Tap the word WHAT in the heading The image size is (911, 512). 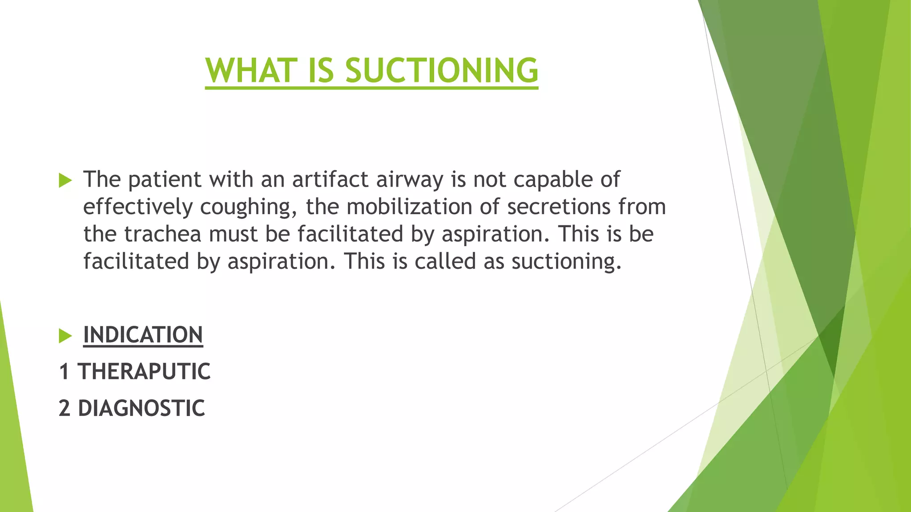tap(251, 71)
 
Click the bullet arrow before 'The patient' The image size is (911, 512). tap(65, 180)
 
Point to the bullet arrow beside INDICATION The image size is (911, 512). tap(65, 336)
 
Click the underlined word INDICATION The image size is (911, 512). tap(143, 335)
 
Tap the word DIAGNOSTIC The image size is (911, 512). tap(141, 408)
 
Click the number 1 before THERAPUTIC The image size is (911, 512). tap(64, 372)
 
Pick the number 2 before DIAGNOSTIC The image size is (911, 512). tap(64, 408)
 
